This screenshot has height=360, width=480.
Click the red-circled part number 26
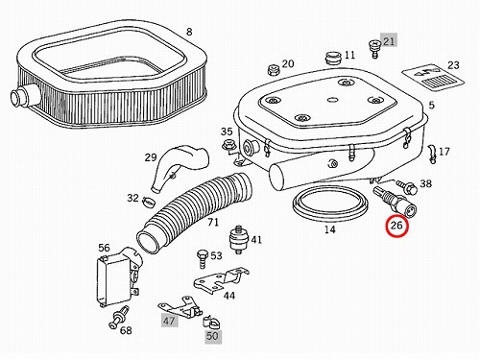[396, 226]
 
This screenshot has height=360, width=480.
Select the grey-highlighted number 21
[389, 40]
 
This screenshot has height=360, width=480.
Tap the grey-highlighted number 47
[169, 321]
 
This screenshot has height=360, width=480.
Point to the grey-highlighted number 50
[212, 336]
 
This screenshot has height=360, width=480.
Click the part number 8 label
[189, 32]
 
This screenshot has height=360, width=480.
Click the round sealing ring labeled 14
[330, 204]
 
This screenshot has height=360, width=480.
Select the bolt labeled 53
[203, 258]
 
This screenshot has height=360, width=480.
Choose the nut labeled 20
[274, 69]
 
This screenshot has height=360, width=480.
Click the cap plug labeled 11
[333, 58]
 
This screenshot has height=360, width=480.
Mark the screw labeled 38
[406, 187]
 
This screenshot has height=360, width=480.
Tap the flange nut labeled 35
[228, 146]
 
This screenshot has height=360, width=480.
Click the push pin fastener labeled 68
[119, 317]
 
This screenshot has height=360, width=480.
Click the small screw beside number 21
[373, 48]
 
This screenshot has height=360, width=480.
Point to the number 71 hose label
[213, 222]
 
